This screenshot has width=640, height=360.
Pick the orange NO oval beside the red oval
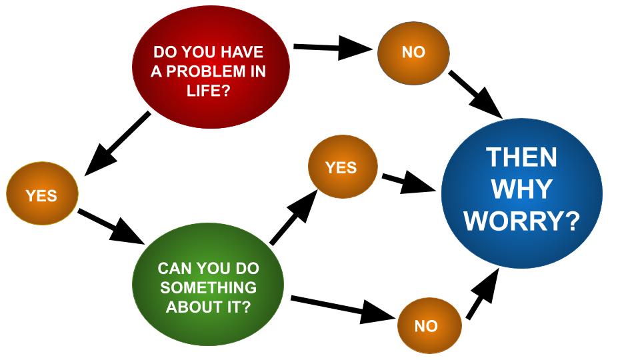pos(413,52)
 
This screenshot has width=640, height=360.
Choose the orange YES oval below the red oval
pos(41,195)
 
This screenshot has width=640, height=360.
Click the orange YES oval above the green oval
pos(342,167)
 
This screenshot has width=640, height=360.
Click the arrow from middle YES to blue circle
pos(407,182)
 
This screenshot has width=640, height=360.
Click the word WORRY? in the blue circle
pos(521,221)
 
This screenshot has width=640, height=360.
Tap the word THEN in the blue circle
pos(521,158)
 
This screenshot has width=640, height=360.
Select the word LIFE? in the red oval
pos(209,89)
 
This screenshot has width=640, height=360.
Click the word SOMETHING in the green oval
pos(208,288)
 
